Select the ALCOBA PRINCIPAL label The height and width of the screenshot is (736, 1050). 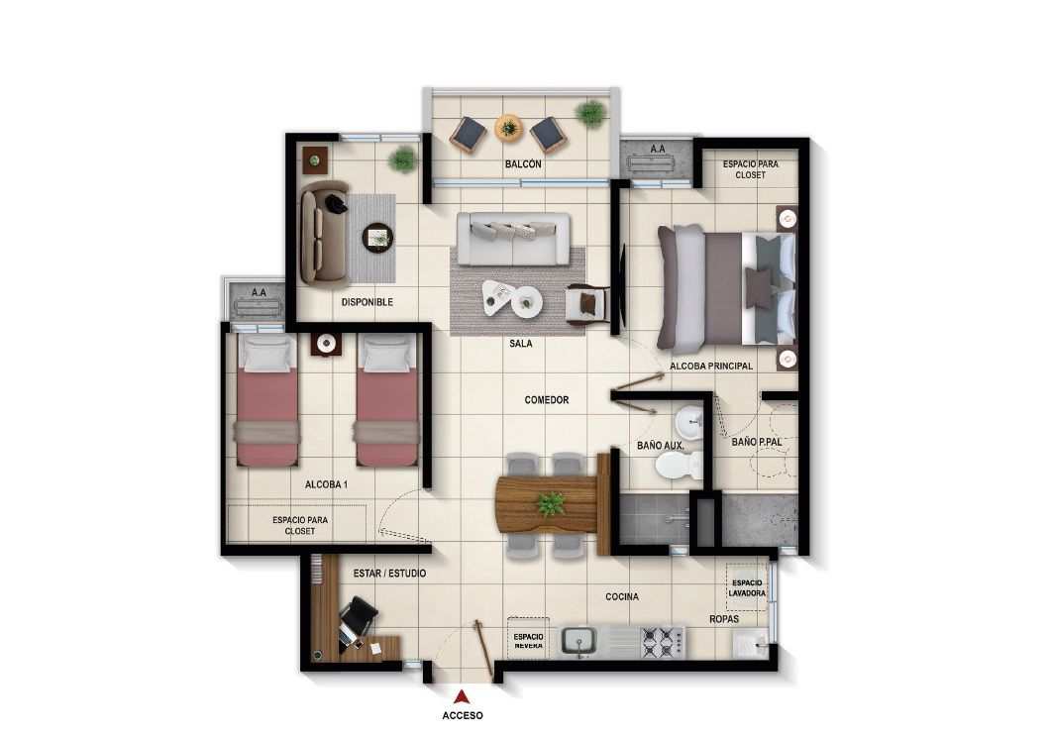click(711, 366)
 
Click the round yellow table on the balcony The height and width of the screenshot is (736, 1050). click(508, 127)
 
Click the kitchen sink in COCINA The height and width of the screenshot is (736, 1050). click(580, 641)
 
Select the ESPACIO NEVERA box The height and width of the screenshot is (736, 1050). click(528, 640)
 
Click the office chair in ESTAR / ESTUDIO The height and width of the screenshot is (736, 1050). click(356, 618)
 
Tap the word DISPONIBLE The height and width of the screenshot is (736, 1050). click(367, 302)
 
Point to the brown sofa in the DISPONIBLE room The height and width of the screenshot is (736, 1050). click(318, 231)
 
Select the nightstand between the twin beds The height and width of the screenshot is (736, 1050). click(326, 344)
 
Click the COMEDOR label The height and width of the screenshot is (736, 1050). click(547, 400)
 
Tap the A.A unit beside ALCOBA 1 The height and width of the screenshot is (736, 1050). click(259, 301)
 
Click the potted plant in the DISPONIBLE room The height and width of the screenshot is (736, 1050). click(402, 158)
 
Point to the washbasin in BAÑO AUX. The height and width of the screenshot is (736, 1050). click(692, 419)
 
